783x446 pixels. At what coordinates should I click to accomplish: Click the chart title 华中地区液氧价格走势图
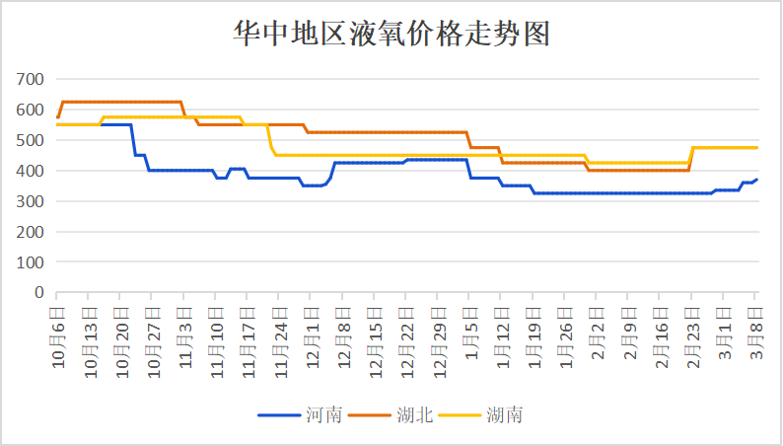tap(391, 35)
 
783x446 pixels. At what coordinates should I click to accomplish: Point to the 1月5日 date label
tap(470, 328)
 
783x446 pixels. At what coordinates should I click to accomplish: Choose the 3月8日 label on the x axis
tap(755, 328)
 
